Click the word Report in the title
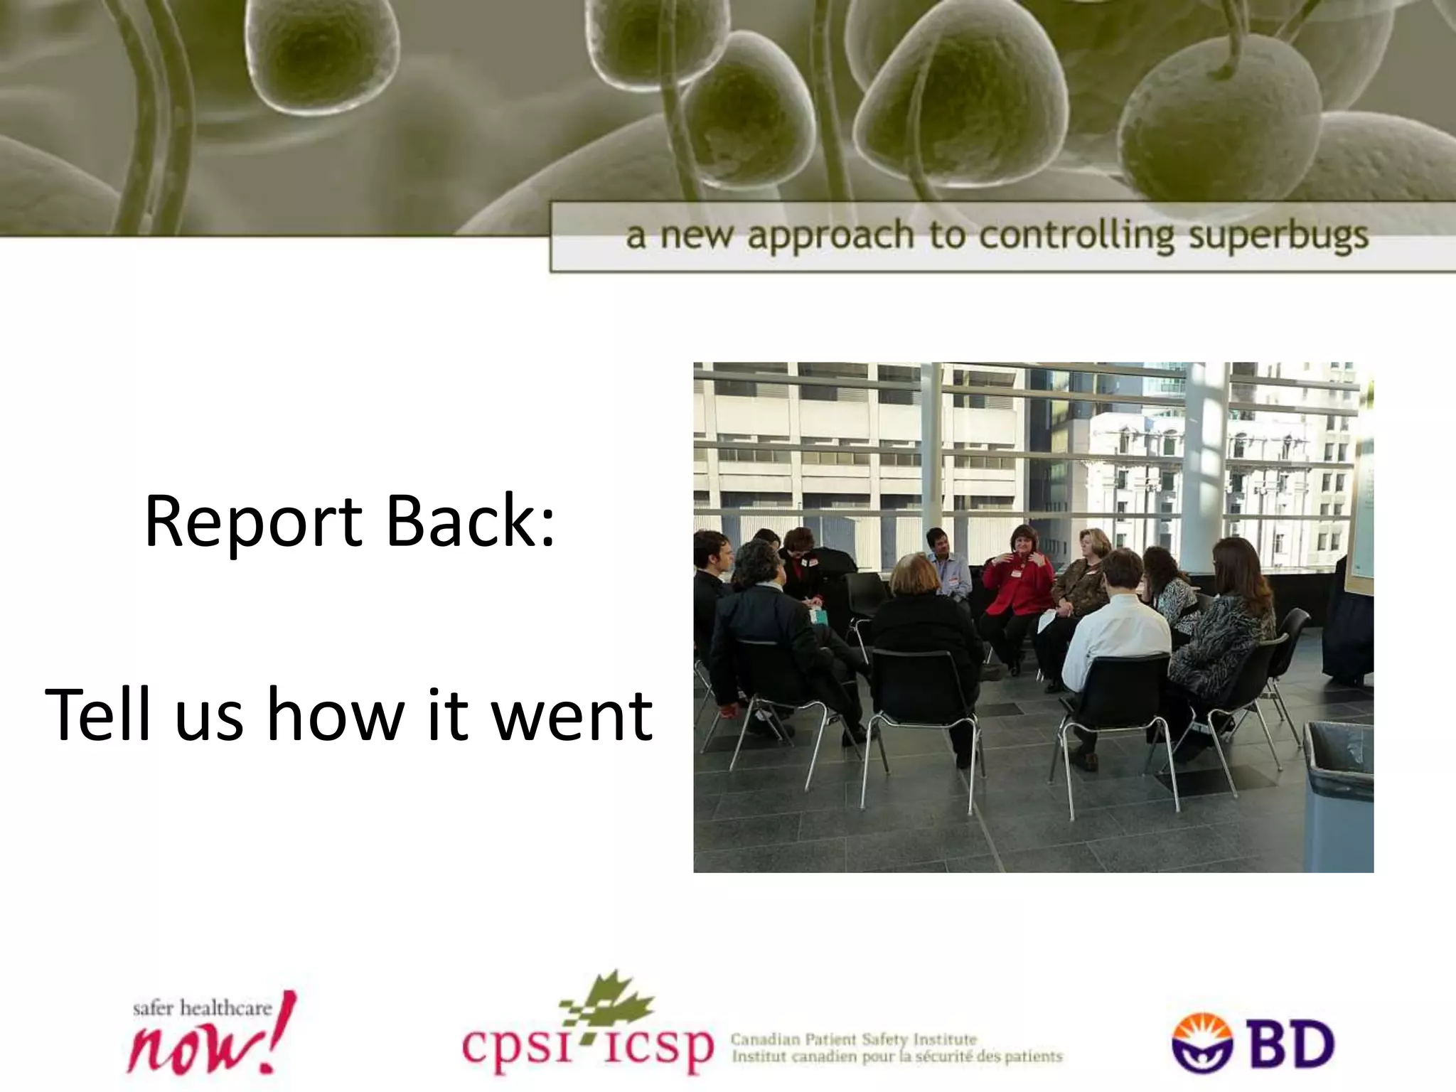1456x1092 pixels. [x=253, y=524]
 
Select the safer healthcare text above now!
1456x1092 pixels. [x=202, y=1009]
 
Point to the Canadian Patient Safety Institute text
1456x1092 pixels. [x=854, y=1039]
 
